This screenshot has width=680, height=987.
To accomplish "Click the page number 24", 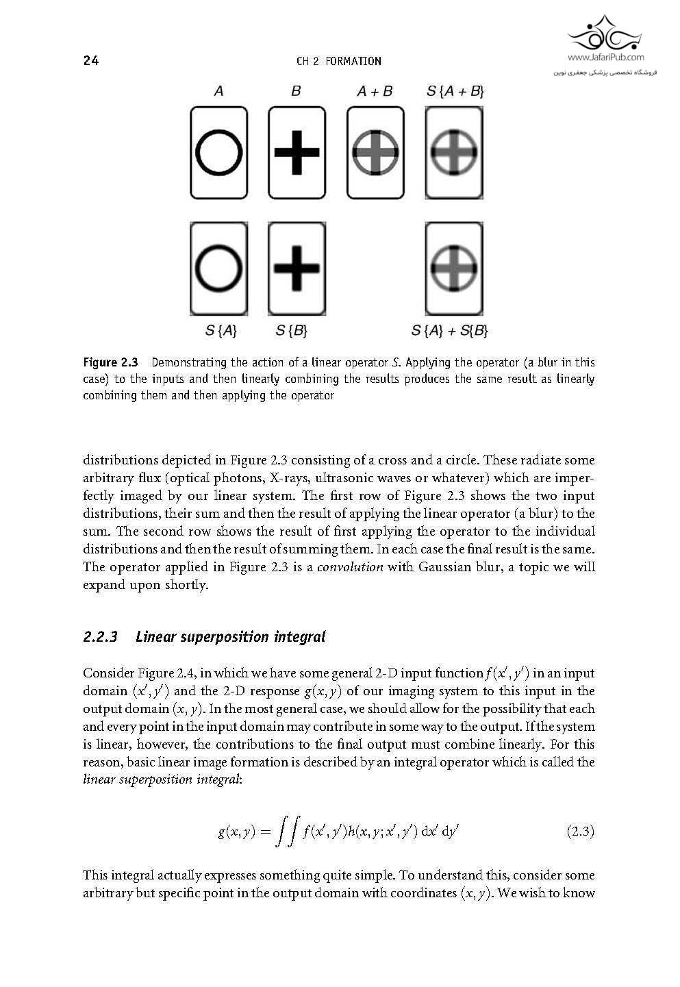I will click(x=91, y=61).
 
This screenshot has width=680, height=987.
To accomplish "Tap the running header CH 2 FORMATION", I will click(x=338, y=62).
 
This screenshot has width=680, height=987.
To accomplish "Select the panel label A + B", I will click(x=375, y=91).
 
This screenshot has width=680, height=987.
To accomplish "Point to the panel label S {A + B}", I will click(x=455, y=91).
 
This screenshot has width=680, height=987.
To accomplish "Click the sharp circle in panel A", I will click(x=219, y=152).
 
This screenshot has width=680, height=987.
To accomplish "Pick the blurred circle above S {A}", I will click(x=218, y=268).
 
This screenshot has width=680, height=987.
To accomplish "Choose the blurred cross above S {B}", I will click(x=297, y=267).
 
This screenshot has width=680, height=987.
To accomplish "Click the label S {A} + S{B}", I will click(x=450, y=332).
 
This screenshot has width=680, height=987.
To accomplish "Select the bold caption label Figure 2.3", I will click(x=110, y=362).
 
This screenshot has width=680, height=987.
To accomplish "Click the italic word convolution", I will click(x=349, y=567).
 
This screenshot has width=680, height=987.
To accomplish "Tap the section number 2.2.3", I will click(x=101, y=637).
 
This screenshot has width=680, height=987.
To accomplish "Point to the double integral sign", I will click(x=286, y=832).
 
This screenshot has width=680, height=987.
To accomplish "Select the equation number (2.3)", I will click(x=581, y=832).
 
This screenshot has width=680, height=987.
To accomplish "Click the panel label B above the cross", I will click(x=296, y=91).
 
